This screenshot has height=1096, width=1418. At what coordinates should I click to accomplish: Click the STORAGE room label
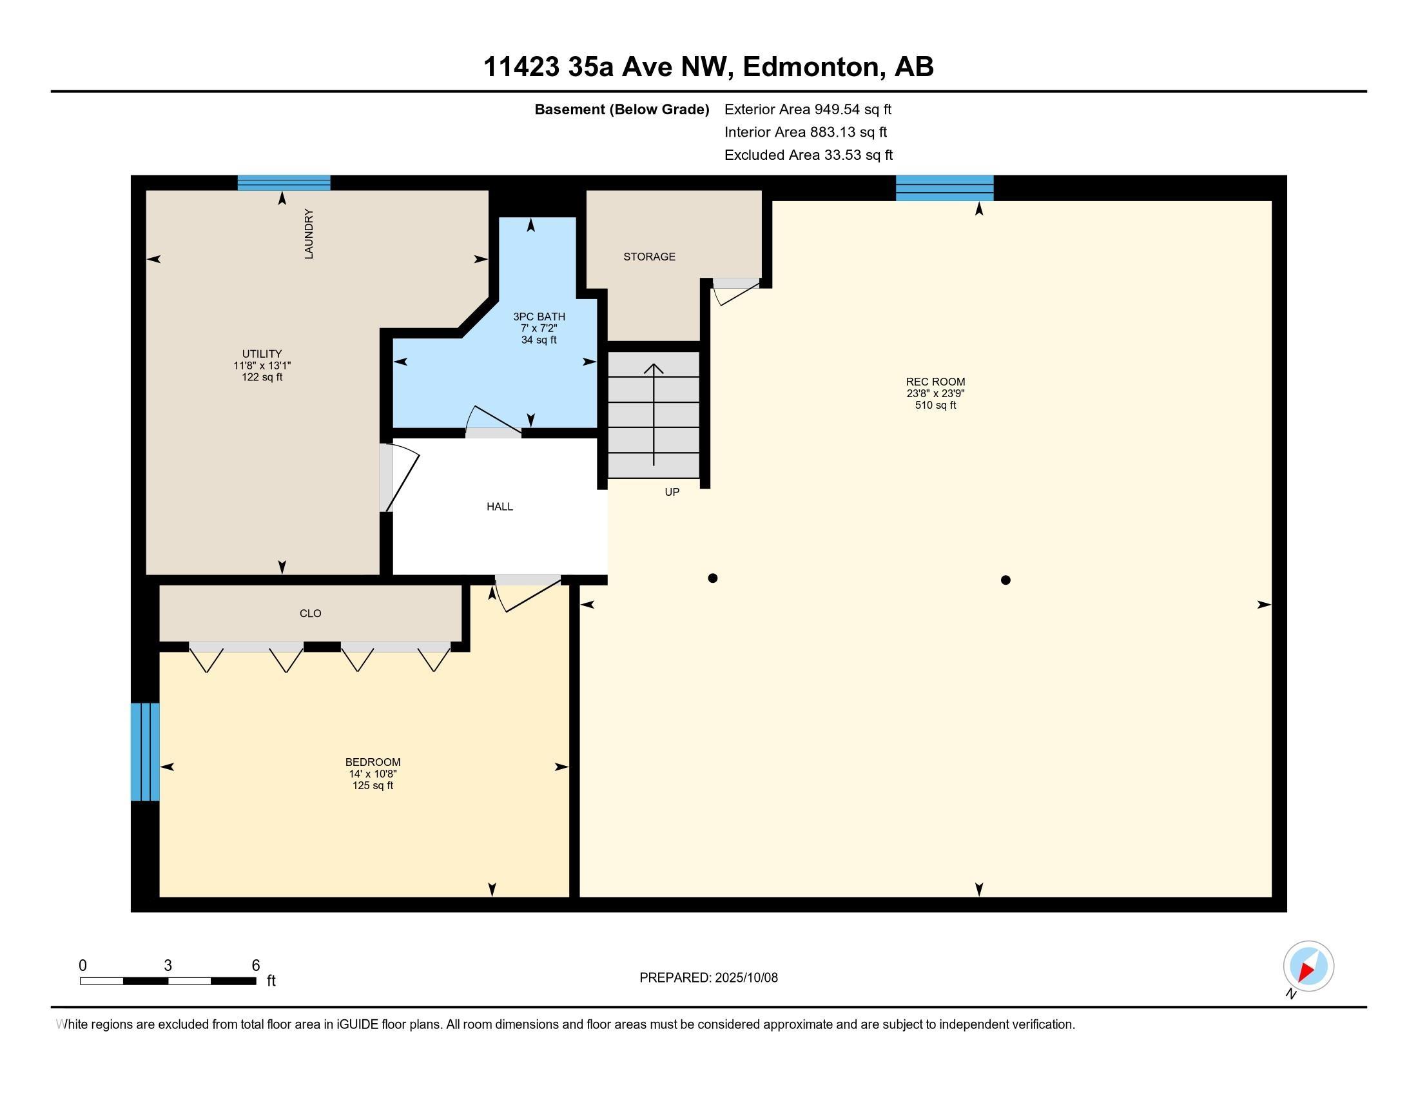click(x=649, y=257)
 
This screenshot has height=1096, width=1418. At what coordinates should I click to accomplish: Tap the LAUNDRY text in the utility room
click(x=309, y=234)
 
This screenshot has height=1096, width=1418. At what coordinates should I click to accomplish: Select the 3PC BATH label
click(x=539, y=317)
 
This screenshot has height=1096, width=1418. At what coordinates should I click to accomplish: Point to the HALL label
click(x=500, y=507)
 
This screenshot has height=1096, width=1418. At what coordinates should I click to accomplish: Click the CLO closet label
click(x=311, y=613)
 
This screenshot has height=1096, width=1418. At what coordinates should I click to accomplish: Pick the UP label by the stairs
click(x=672, y=492)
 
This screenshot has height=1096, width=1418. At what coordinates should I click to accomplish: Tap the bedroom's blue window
click(x=145, y=752)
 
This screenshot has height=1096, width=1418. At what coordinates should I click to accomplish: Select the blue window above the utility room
click(x=284, y=182)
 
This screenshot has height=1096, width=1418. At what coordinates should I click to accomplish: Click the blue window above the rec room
click(x=945, y=188)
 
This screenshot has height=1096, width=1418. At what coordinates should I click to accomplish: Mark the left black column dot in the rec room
click(x=712, y=578)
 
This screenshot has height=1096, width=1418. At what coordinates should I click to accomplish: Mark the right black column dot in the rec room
click(x=1005, y=580)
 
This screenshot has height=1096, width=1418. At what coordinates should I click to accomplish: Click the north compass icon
click(x=1308, y=967)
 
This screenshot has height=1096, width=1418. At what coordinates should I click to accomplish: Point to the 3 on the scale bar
click(x=168, y=966)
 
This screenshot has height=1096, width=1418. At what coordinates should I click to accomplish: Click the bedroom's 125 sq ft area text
click(x=373, y=786)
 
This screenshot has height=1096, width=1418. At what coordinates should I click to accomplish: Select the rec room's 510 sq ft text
click(x=936, y=405)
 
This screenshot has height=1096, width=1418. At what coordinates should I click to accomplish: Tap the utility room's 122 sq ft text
click(x=262, y=377)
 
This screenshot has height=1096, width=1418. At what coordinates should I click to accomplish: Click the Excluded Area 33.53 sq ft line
click(x=808, y=155)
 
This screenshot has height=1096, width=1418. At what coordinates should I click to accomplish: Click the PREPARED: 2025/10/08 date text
click(x=708, y=977)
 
